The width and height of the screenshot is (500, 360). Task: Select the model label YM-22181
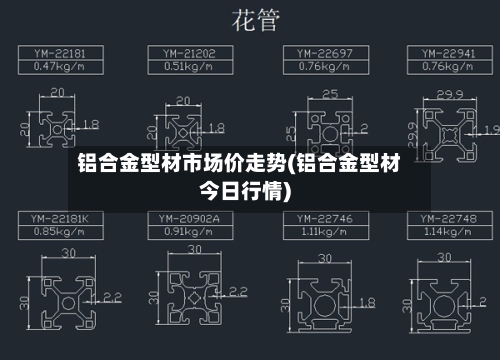click(x=59, y=52)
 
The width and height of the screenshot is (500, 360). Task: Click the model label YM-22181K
click(x=59, y=217)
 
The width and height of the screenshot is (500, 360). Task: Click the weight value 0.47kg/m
click(x=58, y=66)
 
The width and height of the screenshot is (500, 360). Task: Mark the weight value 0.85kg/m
click(x=58, y=231)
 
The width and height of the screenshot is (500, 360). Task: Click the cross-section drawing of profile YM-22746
click(x=320, y=299)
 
